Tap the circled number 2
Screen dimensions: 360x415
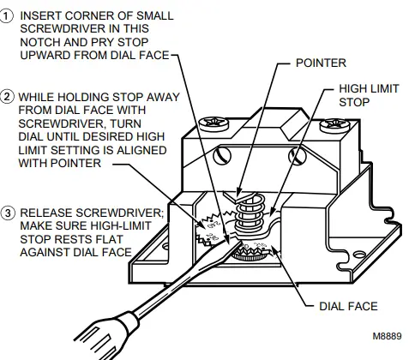tap(9, 96)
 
